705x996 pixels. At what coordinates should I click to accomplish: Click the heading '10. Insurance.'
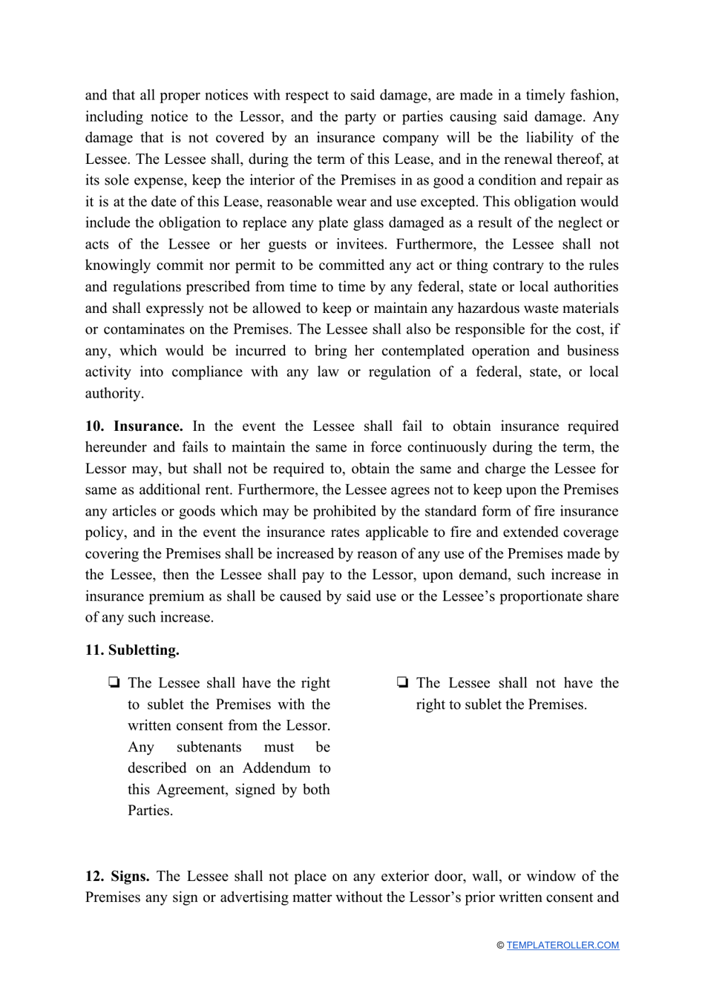coord(134,426)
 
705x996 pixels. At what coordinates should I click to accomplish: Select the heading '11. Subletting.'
coord(132,650)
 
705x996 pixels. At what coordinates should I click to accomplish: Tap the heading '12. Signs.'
coord(117,877)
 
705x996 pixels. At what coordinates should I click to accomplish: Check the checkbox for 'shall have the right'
coord(114,683)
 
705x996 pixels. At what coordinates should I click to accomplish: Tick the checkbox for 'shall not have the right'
coord(402,683)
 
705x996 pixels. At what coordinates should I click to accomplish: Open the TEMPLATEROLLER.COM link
coord(563,946)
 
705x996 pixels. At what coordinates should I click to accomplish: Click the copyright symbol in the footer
coord(500,946)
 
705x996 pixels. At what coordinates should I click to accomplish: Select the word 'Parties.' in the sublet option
coord(150,811)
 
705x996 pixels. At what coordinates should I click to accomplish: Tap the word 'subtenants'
coord(209,747)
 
